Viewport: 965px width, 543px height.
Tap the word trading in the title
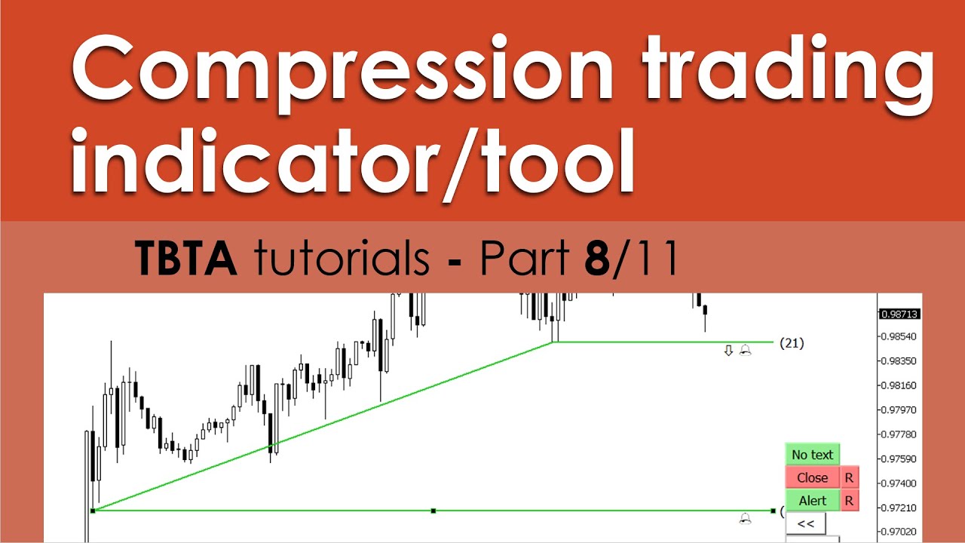[x=788, y=73]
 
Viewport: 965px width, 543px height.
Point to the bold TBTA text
[x=185, y=257]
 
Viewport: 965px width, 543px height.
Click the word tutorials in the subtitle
[x=342, y=257]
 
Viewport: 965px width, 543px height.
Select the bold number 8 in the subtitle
[x=597, y=258]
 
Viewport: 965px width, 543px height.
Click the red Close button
[x=813, y=477]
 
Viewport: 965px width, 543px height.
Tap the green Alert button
[x=813, y=501]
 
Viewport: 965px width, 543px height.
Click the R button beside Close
[x=850, y=477]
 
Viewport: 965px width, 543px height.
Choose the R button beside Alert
[x=850, y=501]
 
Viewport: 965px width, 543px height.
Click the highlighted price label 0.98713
[x=899, y=314]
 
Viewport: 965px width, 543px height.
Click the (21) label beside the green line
[x=792, y=343]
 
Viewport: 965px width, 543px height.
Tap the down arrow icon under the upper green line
[x=728, y=351]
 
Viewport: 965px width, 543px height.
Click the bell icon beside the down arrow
[x=746, y=351]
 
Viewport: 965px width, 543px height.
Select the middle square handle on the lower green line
[x=433, y=511]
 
